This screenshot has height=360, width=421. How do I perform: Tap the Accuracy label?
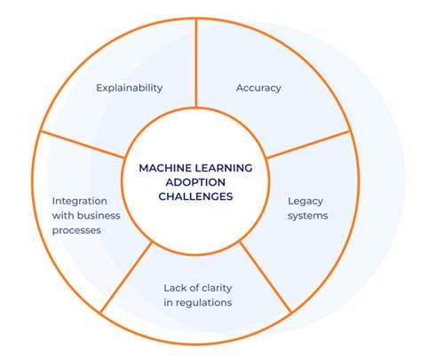click(x=258, y=88)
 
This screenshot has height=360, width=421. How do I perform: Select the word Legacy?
click(x=305, y=201)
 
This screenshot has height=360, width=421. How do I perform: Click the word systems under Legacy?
click(x=307, y=215)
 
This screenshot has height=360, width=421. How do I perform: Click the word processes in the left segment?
click(x=76, y=230)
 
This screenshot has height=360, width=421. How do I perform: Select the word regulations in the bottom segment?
click(x=203, y=303)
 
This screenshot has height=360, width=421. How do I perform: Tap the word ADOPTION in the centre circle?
click(x=195, y=180)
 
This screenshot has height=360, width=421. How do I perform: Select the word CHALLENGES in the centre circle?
click(x=196, y=196)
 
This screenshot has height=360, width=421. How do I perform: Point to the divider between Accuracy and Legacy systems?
click(x=306, y=145)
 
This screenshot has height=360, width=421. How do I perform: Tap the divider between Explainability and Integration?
click(x=83, y=145)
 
